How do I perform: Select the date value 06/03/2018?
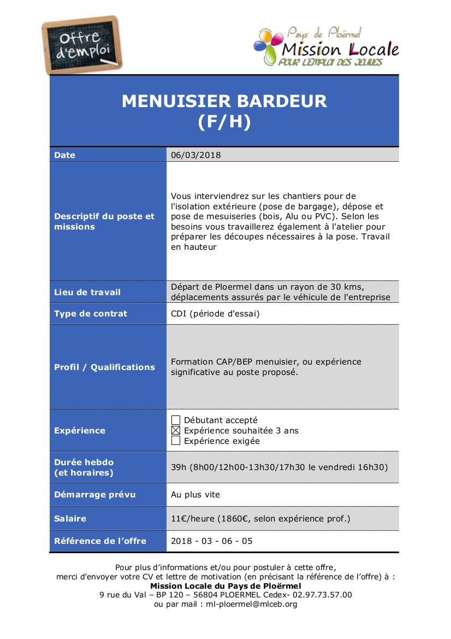(196, 155)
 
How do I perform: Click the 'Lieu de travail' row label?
(87, 292)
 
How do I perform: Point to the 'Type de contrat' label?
(91, 314)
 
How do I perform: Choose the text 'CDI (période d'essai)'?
(215, 314)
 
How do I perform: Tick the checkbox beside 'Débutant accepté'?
(176, 420)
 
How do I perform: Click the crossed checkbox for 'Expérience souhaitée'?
(176, 431)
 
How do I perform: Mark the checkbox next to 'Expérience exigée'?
(176, 441)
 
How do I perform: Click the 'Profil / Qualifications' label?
(105, 367)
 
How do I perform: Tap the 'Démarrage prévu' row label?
(95, 495)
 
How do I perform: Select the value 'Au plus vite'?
(195, 495)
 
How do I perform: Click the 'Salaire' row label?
(70, 519)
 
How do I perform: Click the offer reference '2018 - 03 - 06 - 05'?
(212, 541)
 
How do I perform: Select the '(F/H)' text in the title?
(224, 122)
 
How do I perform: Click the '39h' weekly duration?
(179, 467)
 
